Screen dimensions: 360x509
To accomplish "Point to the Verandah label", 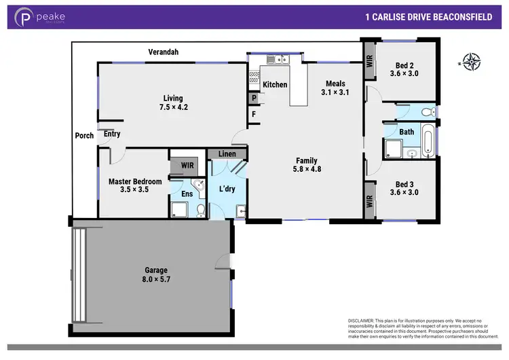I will click(164, 52).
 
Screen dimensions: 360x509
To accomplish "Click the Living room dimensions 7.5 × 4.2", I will click(172, 107).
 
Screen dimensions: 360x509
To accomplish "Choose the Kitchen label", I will click(275, 85).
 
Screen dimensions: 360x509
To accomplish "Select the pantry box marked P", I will click(253, 98).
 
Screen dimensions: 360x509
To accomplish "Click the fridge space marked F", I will click(253, 113).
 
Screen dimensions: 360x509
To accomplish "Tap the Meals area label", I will click(335, 84).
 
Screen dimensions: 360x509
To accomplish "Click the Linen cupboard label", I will click(227, 155).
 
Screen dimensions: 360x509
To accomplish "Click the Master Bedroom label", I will click(135, 181).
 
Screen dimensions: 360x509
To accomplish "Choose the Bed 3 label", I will click(404, 184).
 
